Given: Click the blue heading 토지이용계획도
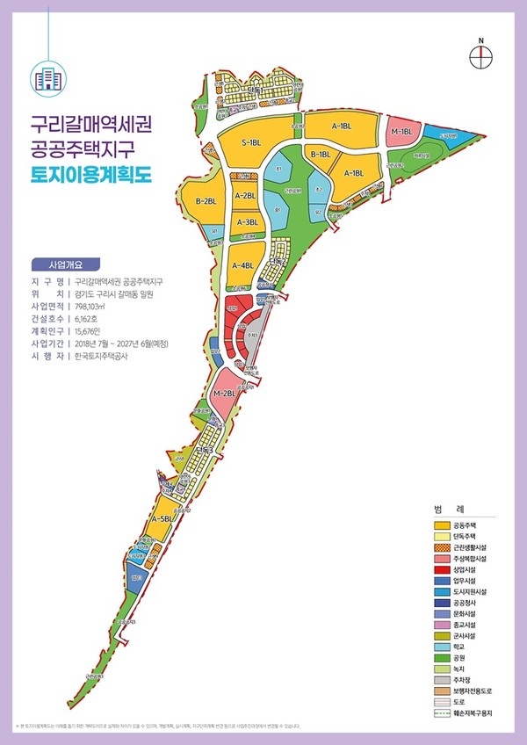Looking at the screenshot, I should pos(91,173).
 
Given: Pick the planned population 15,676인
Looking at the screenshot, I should pos(95,331).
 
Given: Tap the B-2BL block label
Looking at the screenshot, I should pos(206,202).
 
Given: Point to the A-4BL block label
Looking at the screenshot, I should pos(243,264).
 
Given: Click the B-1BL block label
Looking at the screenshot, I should pos(321,155).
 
